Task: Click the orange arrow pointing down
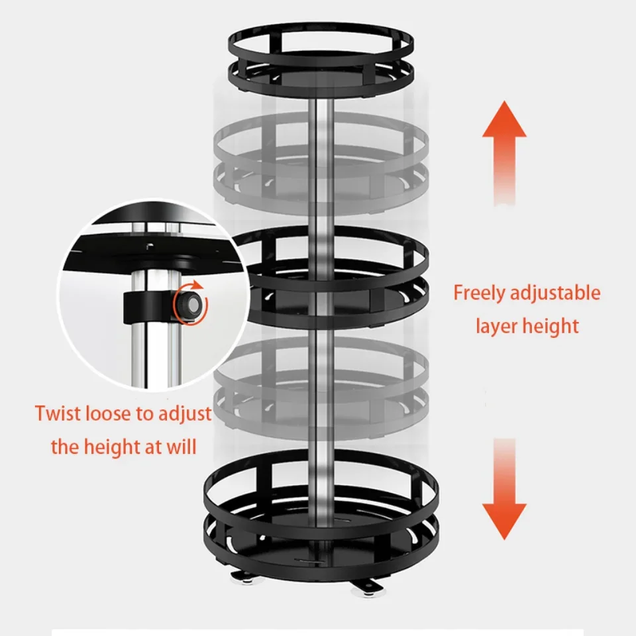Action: coord(504,490)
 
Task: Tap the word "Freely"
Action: coord(478,293)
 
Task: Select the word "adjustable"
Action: coord(555,293)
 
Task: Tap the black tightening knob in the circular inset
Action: coord(187,302)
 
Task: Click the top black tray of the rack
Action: coord(321,61)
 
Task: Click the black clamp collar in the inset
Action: coord(148,307)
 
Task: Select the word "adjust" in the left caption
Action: coord(185,414)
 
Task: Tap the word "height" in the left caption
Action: coord(107,448)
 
